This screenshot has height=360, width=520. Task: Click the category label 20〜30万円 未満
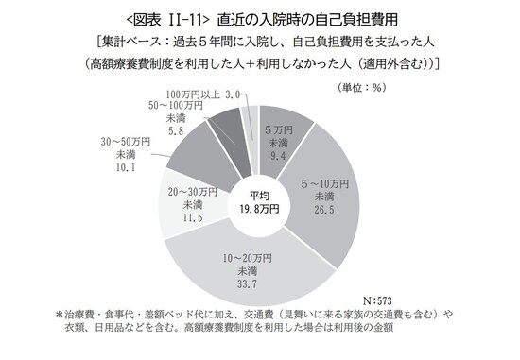coord(192,197)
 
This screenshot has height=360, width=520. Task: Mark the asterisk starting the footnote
coord(61,314)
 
